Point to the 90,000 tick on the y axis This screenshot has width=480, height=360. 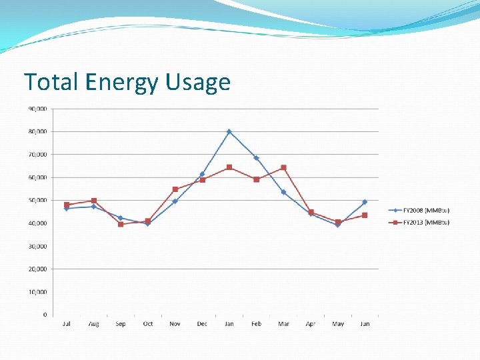click(37, 109)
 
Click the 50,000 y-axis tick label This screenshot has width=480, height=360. click(37, 200)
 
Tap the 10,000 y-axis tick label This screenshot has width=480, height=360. click(37, 292)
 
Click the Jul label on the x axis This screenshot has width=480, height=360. click(66, 324)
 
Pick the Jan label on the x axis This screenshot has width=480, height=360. click(229, 324)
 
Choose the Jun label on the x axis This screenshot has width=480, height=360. click(365, 324)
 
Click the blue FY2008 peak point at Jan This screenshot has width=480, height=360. click(229, 132)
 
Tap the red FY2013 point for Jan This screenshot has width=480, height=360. click(229, 167)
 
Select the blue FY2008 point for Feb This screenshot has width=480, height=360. click(256, 158)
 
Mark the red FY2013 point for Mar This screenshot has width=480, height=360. click(283, 168)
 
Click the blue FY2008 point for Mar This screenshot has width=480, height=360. click(283, 192)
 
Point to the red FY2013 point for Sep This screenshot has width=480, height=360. click(121, 224)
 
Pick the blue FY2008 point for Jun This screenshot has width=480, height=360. click(365, 202)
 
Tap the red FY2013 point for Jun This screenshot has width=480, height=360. click(365, 215)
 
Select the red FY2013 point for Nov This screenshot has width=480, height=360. click(175, 189)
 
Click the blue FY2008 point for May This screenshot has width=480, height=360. click(337, 225)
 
